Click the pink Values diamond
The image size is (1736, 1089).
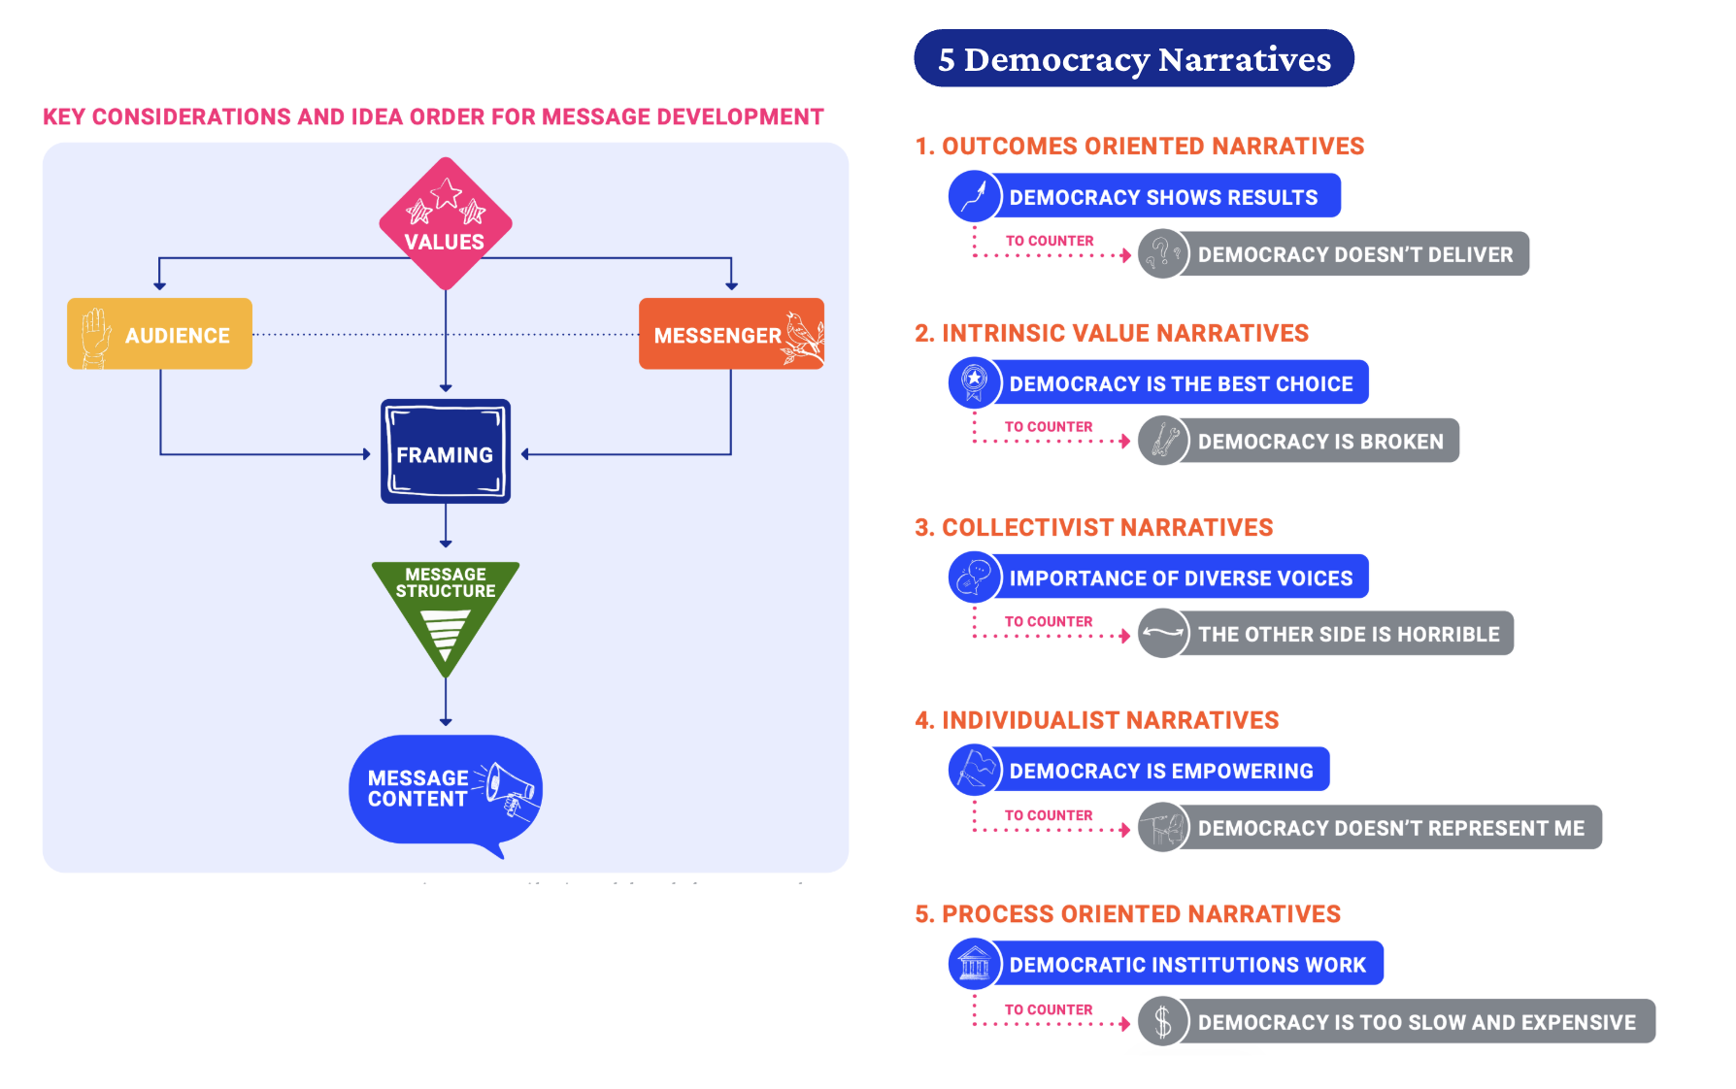446,223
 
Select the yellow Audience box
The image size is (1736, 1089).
160,334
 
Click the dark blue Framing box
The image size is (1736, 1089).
446,452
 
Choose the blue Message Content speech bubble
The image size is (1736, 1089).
427,789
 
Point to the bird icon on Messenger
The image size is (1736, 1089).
803,337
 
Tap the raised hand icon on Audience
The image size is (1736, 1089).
95,336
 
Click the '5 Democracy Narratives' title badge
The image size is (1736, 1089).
1134,59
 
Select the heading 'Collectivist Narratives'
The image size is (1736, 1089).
1093,528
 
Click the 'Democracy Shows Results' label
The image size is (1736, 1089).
1163,197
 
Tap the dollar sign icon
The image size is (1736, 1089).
1163,1022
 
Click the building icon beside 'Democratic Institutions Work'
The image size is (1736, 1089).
974,964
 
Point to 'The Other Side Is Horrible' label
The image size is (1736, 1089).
1348,634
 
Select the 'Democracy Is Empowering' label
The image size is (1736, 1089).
1160,771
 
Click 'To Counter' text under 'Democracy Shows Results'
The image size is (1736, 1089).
1049,241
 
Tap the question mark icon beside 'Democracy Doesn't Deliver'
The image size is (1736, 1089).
1162,254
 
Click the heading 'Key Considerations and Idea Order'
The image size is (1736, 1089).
433,117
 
